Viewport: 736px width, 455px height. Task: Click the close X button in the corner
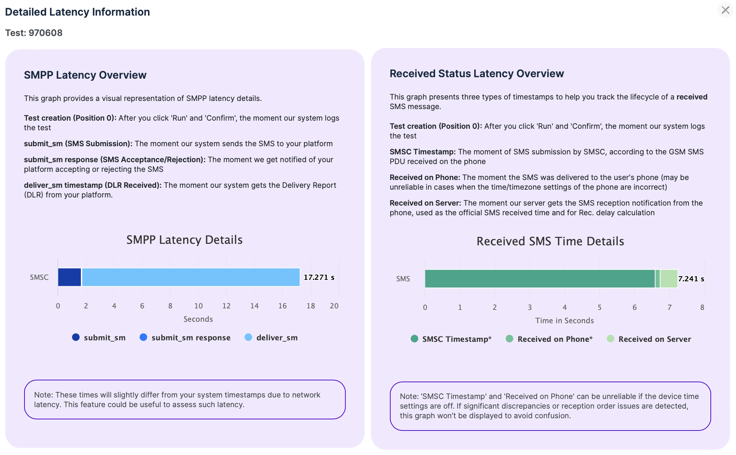tap(725, 10)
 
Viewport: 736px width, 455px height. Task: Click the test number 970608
tap(45, 33)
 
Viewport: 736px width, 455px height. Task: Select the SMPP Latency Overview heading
tap(85, 75)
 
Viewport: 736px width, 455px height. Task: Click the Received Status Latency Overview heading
tap(477, 74)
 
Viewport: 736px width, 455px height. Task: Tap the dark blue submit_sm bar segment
tap(69, 277)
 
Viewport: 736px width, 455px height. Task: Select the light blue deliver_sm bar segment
tap(191, 277)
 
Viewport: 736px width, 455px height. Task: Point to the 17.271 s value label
tap(319, 277)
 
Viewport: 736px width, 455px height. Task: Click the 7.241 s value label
tap(691, 279)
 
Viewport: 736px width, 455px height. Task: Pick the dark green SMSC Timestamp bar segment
tap(540, 279)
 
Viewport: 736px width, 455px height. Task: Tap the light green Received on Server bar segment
tap(669, 279)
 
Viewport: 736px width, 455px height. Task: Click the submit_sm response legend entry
tap(185, 338)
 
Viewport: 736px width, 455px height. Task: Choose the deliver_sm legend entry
tap(271, 338)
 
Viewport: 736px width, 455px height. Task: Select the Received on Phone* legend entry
tap(549, 339)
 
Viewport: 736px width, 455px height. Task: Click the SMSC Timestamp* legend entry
tap(451, 339)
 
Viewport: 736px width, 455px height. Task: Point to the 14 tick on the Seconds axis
tap(254, 306)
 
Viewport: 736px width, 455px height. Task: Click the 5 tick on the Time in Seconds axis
tap(599, 308)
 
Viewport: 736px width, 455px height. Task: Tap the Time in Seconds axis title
tap(564, 321)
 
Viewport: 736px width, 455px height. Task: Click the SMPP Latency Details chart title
tap(184, 240)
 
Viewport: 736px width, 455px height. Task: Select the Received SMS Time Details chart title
tap(550, 242)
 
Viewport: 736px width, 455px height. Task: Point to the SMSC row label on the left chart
tap(39, 278)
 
